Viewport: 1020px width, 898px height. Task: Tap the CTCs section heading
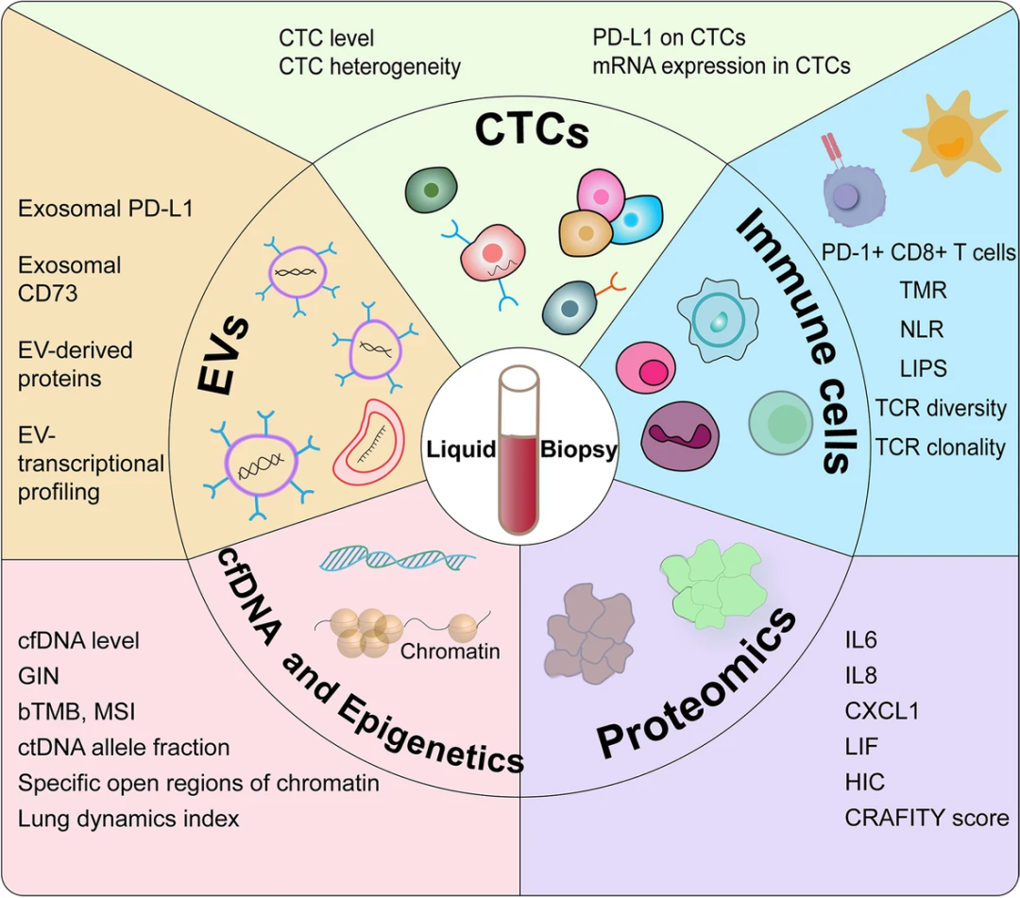pos(532,130)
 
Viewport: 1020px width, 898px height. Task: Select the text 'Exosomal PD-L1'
pos(106,208)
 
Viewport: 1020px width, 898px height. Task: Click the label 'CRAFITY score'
pos(926,817)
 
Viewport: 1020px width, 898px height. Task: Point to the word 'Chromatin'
pos(450,651)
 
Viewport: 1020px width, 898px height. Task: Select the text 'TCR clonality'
pos(940,446)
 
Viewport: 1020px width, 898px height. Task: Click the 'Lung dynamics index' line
pos(128,818)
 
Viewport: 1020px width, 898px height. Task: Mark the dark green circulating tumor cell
pos(432,192)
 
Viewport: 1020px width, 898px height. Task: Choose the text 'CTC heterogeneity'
pos(369,66)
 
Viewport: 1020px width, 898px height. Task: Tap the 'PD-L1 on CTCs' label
pos(669,38)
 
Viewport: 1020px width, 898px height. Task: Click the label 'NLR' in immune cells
pos(922,330)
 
